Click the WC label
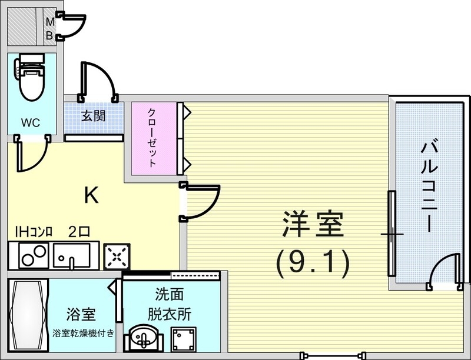point(31,123)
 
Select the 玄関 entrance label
point(93,115)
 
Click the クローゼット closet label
point(152,138)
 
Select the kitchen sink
point(71,255)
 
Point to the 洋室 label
point(313,225)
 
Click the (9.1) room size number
point(313,264)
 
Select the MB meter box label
point(51,28)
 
